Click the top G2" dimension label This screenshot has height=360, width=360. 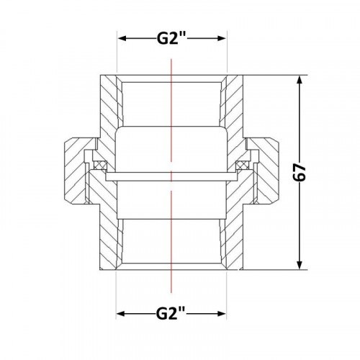click(x=172, y=39)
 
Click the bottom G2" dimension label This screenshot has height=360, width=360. click(x=171, y=314)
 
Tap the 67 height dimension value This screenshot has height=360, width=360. click(x=300, y=173)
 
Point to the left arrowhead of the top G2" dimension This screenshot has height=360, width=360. click(x=122, y=39)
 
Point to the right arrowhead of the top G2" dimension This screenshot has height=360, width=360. click(x=221, y=39)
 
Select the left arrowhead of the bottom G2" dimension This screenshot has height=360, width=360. click(x=121, y=314)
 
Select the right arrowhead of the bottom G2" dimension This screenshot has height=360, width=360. click(x=221, y=314)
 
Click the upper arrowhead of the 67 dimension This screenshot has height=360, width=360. click(x=299, y=80)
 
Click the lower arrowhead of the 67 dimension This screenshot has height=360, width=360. click(x=299, y=265)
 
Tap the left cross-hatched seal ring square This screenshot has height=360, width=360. click(x=100, y=165)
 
